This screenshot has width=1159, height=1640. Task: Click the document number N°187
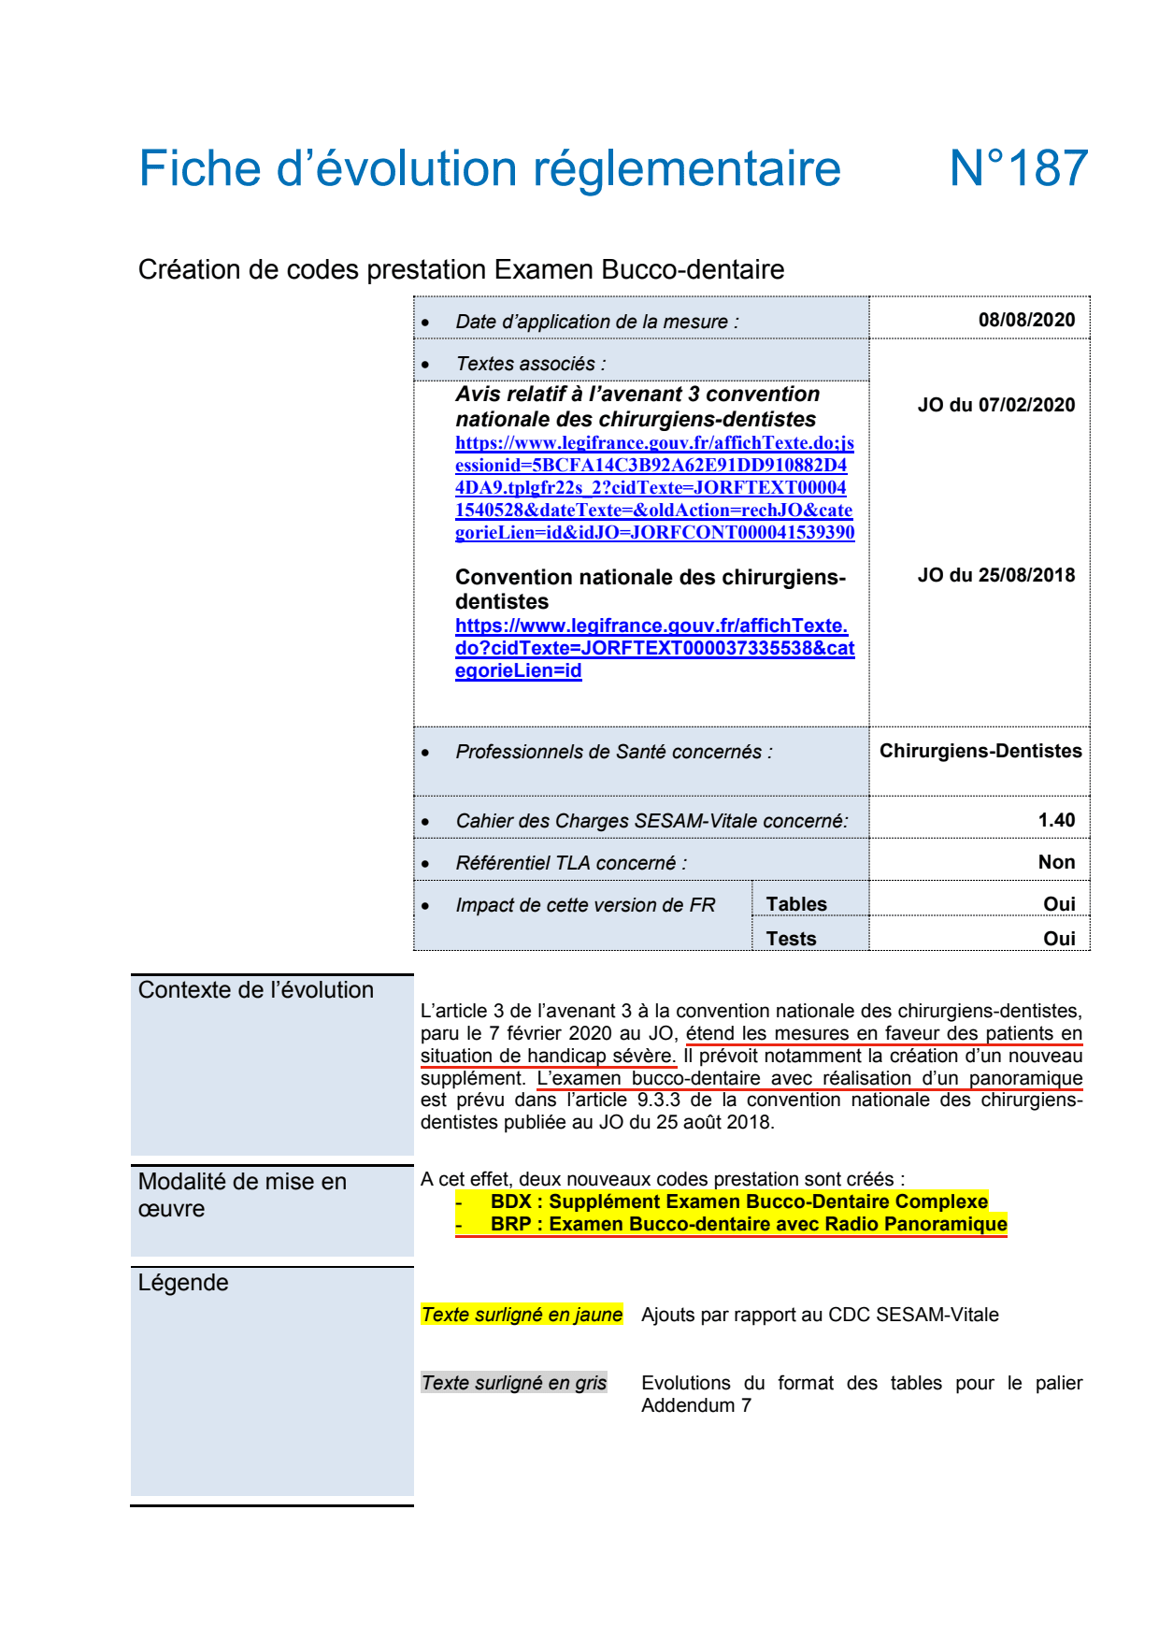[1018, 169]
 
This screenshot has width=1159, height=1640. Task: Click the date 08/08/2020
[1026, 320]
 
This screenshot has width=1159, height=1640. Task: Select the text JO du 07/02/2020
[995, 405]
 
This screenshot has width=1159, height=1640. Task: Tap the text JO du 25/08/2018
[995, 575]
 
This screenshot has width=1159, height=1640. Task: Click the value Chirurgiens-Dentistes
[980, 751]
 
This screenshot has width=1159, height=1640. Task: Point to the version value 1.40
[1056, 820]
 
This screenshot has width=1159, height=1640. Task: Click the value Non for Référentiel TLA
[1056, 862]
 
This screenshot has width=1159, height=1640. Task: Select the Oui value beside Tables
[1059, 904]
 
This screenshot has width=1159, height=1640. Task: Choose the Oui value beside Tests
[1059, 939]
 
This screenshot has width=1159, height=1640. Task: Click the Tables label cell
[796, 904]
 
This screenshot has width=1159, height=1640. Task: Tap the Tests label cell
[791, 939]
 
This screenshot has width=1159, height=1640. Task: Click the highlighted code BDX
[511, 1201]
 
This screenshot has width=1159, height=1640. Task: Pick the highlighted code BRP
[511, 1224]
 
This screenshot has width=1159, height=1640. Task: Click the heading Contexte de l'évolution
[255, 990]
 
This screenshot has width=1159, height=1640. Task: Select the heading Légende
[183, 1283]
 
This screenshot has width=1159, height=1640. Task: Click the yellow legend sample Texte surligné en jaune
[522, 1315]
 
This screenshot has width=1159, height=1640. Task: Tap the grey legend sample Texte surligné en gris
[514, 1383]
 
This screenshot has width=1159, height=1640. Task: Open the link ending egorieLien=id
[518, 671]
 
